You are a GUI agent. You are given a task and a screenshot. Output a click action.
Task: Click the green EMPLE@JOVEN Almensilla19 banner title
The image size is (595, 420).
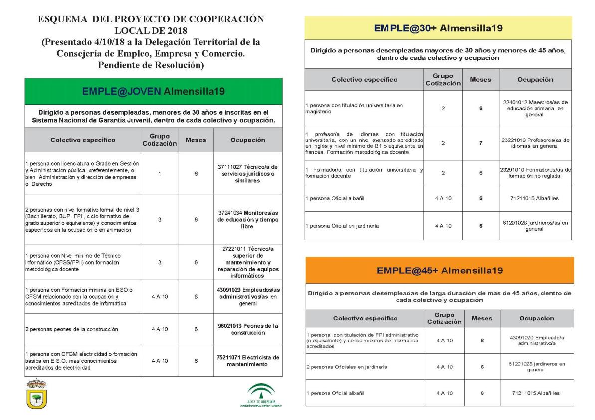[x=154, y=91]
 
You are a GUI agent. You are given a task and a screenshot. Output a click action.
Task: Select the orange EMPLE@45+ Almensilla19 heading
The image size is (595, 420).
[x=439, y=271]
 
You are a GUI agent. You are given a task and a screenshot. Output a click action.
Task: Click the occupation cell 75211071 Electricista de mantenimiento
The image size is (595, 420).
[x=248, y=361]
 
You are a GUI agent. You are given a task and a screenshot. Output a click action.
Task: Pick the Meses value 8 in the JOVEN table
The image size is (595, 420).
[x=196, y=296]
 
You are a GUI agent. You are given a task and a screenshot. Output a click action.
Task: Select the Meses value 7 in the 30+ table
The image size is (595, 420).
[x=481, y=143]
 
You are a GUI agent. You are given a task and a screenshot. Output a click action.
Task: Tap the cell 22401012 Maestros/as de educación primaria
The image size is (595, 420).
[x=535, y=108]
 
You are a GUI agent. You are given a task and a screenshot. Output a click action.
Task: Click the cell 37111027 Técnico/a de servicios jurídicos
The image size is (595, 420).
[x=248, y=174]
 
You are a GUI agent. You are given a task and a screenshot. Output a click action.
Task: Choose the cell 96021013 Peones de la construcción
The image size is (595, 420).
[x=248, y=329]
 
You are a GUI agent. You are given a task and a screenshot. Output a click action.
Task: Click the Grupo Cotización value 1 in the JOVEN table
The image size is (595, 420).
[x=159, y=174]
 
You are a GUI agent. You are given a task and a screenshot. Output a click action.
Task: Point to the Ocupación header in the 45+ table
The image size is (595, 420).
[x=536, y=318]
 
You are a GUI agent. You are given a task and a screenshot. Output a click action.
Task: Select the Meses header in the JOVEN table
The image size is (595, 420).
[x=196, y=140]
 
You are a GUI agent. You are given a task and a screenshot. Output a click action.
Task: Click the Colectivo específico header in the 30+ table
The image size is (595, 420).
[x=364, y=80]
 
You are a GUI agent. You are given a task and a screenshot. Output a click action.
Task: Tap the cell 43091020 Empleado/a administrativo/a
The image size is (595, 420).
[x=536, y=340]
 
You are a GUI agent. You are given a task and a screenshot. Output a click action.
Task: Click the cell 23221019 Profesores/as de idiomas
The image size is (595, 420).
[x=535, y=143]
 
